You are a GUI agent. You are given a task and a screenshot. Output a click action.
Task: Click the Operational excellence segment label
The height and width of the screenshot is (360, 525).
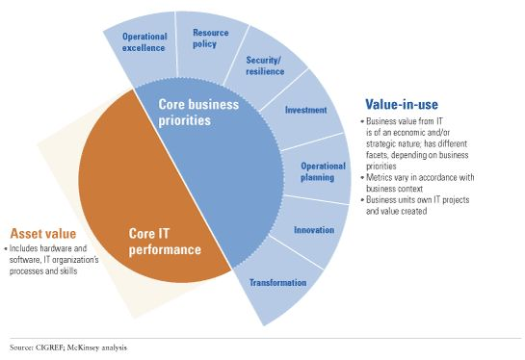coord(144,41)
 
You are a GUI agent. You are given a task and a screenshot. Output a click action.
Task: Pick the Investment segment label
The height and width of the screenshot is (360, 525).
coord(305,110)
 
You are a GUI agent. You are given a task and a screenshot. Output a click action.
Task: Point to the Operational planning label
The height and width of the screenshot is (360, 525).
coord(317,170)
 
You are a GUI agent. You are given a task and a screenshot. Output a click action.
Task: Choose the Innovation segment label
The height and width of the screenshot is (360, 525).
coord(313,230)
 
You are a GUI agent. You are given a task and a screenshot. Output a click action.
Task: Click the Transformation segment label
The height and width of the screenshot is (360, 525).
coord(277,283)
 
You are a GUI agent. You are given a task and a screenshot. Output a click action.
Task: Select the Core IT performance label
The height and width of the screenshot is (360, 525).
coord(166,242)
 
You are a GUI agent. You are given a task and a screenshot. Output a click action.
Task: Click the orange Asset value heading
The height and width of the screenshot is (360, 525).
coord(43,234)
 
